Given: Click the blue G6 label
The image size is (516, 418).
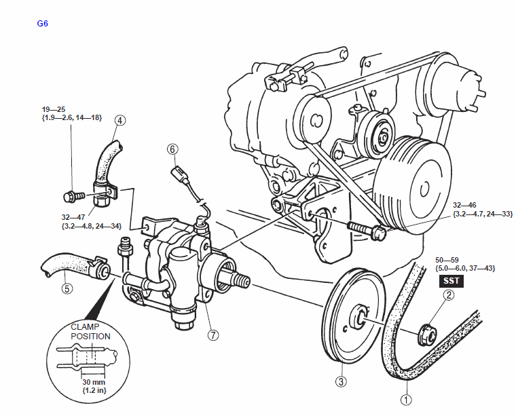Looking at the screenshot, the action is click(43, 24).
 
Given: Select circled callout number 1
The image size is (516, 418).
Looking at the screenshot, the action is click(406, 400).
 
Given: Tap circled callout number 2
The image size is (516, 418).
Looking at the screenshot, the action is click(449, 295).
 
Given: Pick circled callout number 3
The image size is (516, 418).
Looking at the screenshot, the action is click(341, 381).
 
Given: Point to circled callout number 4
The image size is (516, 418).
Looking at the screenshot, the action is click(120, 121).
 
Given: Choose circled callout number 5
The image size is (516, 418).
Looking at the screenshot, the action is click(67, 288).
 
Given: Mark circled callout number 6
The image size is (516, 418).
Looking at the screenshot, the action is click(172, 149).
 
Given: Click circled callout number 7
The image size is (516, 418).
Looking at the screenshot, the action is click(213, 335).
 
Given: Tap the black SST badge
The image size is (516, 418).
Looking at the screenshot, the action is click(451, 281).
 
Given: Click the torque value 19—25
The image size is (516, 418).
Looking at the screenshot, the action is click(54, 109).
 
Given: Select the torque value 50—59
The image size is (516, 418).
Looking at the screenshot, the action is click(447, 260).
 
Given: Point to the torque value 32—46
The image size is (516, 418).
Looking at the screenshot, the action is click(464, 205).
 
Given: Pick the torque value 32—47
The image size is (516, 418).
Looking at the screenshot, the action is click(73, 217).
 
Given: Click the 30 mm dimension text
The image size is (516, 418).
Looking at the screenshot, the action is click(94, 382).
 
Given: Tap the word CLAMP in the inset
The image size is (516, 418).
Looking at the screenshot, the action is click(85, 327).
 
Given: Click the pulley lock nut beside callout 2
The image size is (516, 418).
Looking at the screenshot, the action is click(427, 335).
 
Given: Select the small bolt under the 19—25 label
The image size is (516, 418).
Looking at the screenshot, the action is click(73, 196).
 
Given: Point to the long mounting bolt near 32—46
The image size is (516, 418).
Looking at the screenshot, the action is click(367, 229).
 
